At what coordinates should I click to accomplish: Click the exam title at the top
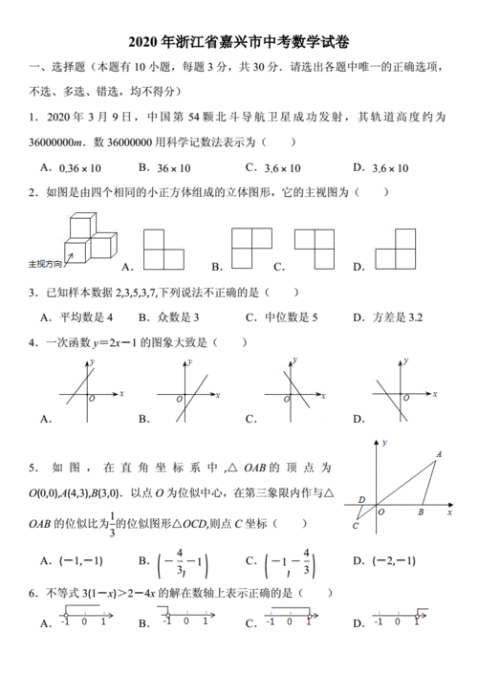click(x=238, y=42)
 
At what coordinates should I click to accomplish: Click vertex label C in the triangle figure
click(x=356, y=525)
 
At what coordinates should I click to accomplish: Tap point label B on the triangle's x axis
click(x=422, y=512)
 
